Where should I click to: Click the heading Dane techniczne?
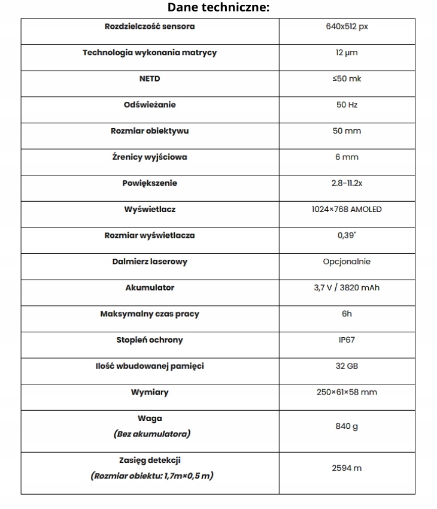218,7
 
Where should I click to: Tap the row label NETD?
150,78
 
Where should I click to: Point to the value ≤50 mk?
347,78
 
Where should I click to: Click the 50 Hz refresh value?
347,105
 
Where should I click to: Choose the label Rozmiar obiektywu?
150,131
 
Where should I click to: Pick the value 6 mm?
347,157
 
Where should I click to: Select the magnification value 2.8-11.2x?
347,183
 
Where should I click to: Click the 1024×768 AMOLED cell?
347,209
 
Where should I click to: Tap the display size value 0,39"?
347,235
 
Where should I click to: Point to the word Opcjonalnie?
347,261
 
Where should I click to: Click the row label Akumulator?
150,287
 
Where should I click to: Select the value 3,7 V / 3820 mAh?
347,287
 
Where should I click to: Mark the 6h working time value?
347,314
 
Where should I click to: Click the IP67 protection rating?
347,340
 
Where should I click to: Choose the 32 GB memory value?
347,366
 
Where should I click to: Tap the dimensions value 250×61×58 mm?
347,392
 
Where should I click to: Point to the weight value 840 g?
347,426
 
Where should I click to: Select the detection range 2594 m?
347,468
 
